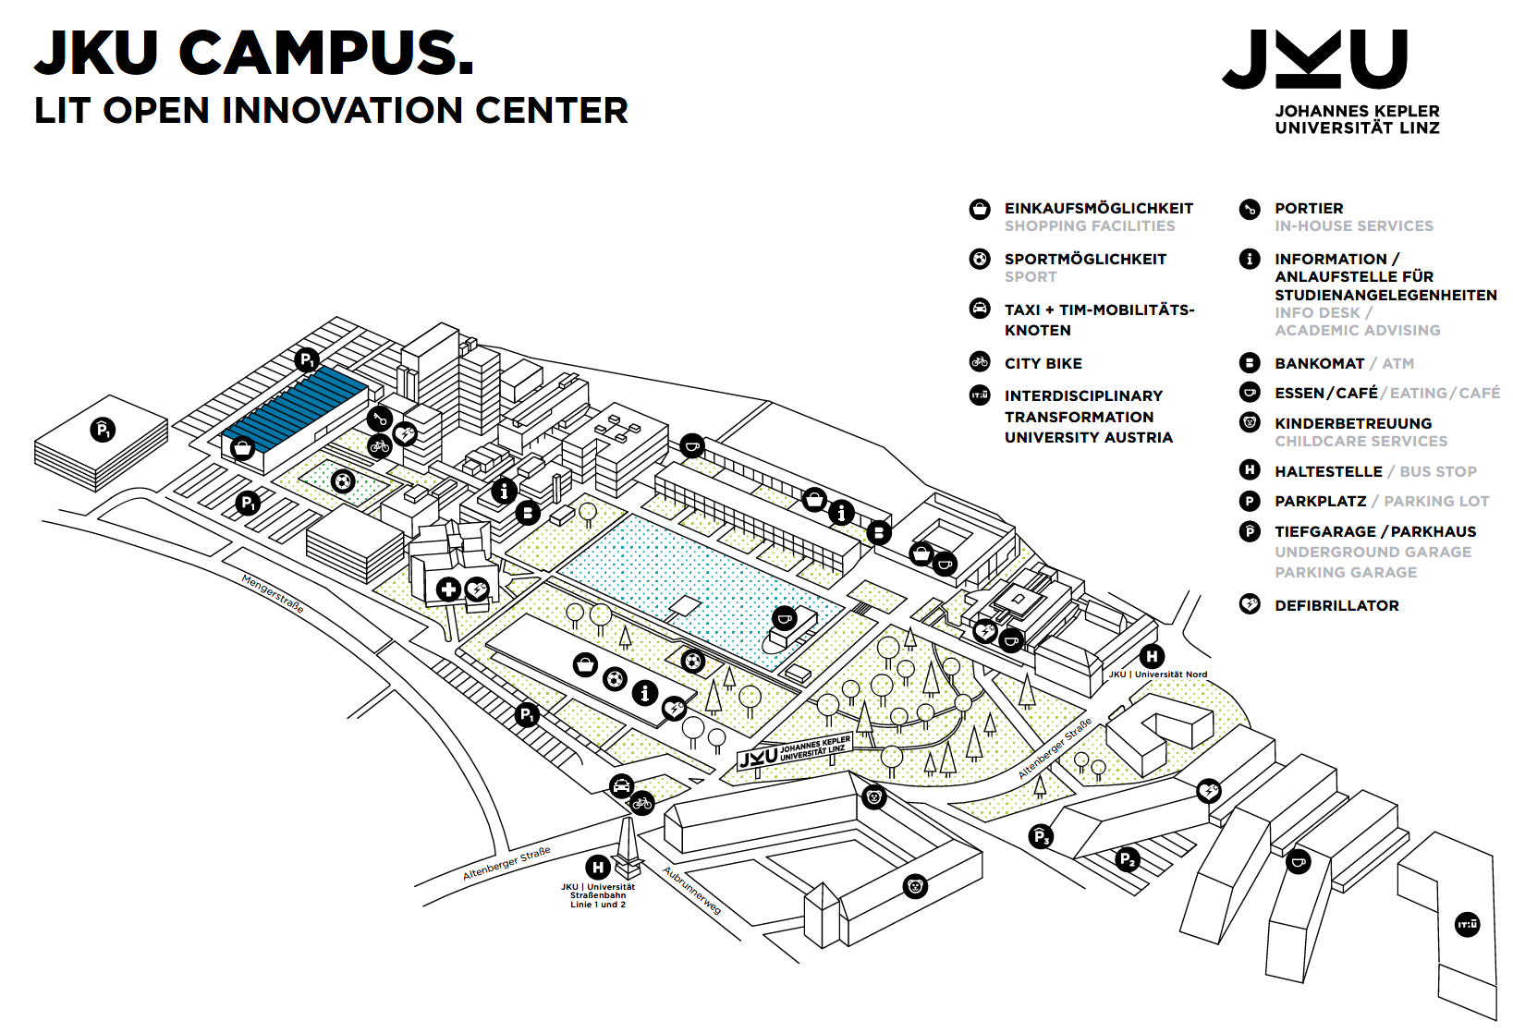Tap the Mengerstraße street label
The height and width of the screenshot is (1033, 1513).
click(x=273, y=593)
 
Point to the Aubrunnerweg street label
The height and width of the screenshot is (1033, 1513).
click(x=692, y=890)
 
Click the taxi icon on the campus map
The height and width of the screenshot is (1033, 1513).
click(x=622, y=785)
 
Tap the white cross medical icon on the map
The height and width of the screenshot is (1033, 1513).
click(x=448, y=589)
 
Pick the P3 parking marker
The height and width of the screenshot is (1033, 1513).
click(x=1041, y=837)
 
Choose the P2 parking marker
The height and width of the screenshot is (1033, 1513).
click(x=1127, y=859)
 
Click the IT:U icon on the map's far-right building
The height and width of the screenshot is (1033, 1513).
click(x=1467, y=924)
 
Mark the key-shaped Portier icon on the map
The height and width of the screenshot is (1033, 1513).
click(x=379, y=419)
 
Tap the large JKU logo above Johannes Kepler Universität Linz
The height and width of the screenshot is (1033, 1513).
click(x=1314, y=59)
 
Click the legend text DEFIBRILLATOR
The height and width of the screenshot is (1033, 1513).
click(x=1336, y=606)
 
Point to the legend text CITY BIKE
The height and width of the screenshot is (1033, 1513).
click(x=1043, y=364)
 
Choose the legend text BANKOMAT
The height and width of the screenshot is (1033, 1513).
click(x=1319, y=364)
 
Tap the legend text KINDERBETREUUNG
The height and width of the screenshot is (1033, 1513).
click(x=1353, y=424)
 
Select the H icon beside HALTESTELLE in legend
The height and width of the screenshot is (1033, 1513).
click(x=1250, y=470)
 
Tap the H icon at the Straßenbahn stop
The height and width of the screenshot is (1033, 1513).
click(x=598, y=867)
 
